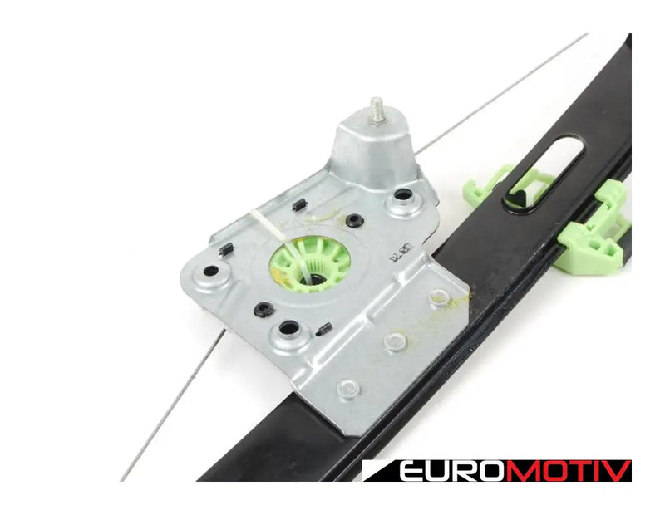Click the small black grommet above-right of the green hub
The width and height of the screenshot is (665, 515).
[x=354, y=220]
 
